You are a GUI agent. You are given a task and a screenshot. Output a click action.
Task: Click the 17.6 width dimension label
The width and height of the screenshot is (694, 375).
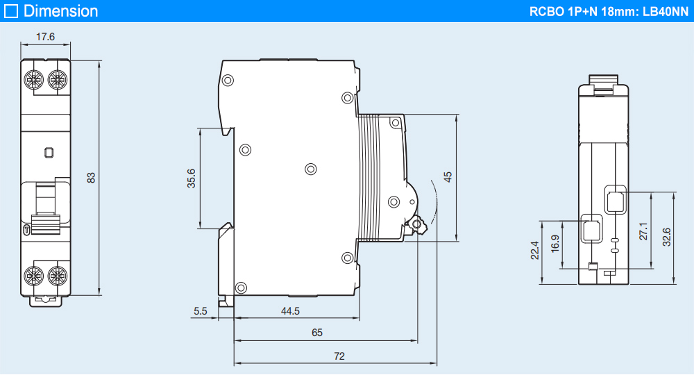[46, 37]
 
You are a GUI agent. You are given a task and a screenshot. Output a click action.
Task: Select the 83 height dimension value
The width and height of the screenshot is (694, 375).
[92, 177]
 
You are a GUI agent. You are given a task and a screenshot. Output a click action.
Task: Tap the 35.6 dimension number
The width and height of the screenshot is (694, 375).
[191, 178]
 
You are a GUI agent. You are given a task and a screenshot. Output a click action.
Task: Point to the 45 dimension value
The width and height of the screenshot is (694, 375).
[448, 177]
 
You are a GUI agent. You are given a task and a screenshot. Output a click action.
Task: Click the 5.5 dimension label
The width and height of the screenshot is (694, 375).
[201, 311]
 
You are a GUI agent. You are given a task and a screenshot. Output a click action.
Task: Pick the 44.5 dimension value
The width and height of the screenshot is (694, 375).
[290, 311]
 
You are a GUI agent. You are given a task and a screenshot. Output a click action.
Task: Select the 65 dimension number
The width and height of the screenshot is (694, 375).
[317, 333]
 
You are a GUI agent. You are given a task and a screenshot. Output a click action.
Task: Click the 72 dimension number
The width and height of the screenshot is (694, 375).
[339, 356]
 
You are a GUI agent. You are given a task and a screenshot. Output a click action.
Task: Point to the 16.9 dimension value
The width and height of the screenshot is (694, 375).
[555, 243]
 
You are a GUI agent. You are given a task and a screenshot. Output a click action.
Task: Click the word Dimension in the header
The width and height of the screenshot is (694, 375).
[61, 11]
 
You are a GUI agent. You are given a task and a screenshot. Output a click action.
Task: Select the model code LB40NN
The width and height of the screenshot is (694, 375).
[666, 11]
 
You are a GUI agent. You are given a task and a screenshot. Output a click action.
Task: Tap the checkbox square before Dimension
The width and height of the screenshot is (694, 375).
[11, 11]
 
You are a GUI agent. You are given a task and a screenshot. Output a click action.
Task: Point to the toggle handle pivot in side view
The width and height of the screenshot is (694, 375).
[416, 224]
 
